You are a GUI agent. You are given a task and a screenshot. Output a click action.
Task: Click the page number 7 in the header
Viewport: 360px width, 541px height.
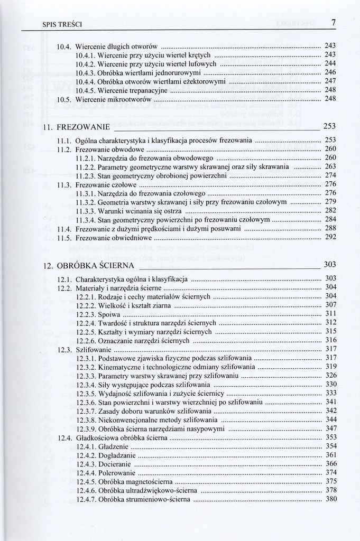(x=334, y=23)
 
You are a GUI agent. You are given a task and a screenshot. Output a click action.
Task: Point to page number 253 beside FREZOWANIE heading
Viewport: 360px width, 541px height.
(x=330, y=126)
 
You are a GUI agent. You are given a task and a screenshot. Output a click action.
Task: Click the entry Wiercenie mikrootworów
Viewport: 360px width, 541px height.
(x=114, y=99)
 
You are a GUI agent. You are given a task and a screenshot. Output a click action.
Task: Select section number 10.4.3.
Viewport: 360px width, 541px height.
(x=86, y=72)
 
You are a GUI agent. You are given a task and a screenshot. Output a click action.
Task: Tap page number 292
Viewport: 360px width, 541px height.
(x=330, y=237)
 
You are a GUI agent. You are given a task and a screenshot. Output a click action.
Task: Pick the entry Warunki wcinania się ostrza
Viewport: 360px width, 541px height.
(x=136, y=210)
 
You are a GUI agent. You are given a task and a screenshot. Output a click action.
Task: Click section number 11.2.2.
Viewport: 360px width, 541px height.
(x=86, y=166)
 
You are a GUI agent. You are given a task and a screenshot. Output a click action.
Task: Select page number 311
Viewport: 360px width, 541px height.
(x=331, y=314)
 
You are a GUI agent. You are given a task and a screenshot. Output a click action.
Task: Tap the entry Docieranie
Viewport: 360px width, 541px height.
(x=115, y=463)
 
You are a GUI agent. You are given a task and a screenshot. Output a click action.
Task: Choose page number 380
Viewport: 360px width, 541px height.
(x=331, y=499)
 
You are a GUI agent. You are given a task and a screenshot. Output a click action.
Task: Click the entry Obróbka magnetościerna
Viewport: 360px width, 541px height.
(x=135, y=481)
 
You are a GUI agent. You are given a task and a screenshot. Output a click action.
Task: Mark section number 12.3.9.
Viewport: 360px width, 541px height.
(x=86, y=428)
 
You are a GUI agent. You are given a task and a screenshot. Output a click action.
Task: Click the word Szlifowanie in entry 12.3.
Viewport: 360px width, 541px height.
(x=94, y=349)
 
